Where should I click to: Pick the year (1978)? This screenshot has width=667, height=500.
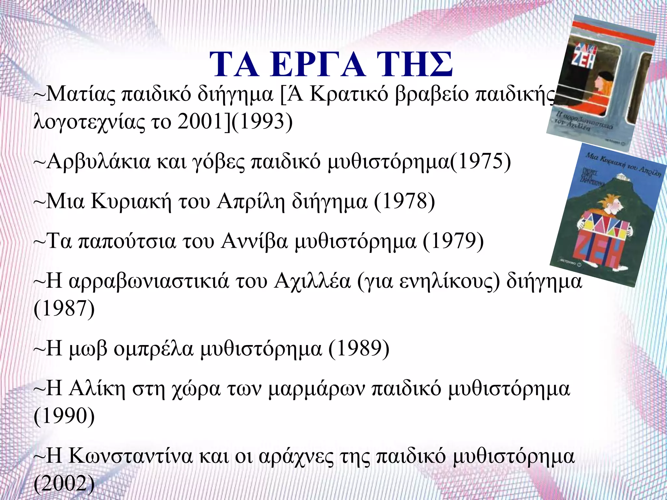click(x=404, y=201)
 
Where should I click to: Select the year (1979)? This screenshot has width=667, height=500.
click(x=453, y=242)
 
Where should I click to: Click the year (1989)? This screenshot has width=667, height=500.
click(x=359, y=349)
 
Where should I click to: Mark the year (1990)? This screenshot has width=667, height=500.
click(x=64, y=416)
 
